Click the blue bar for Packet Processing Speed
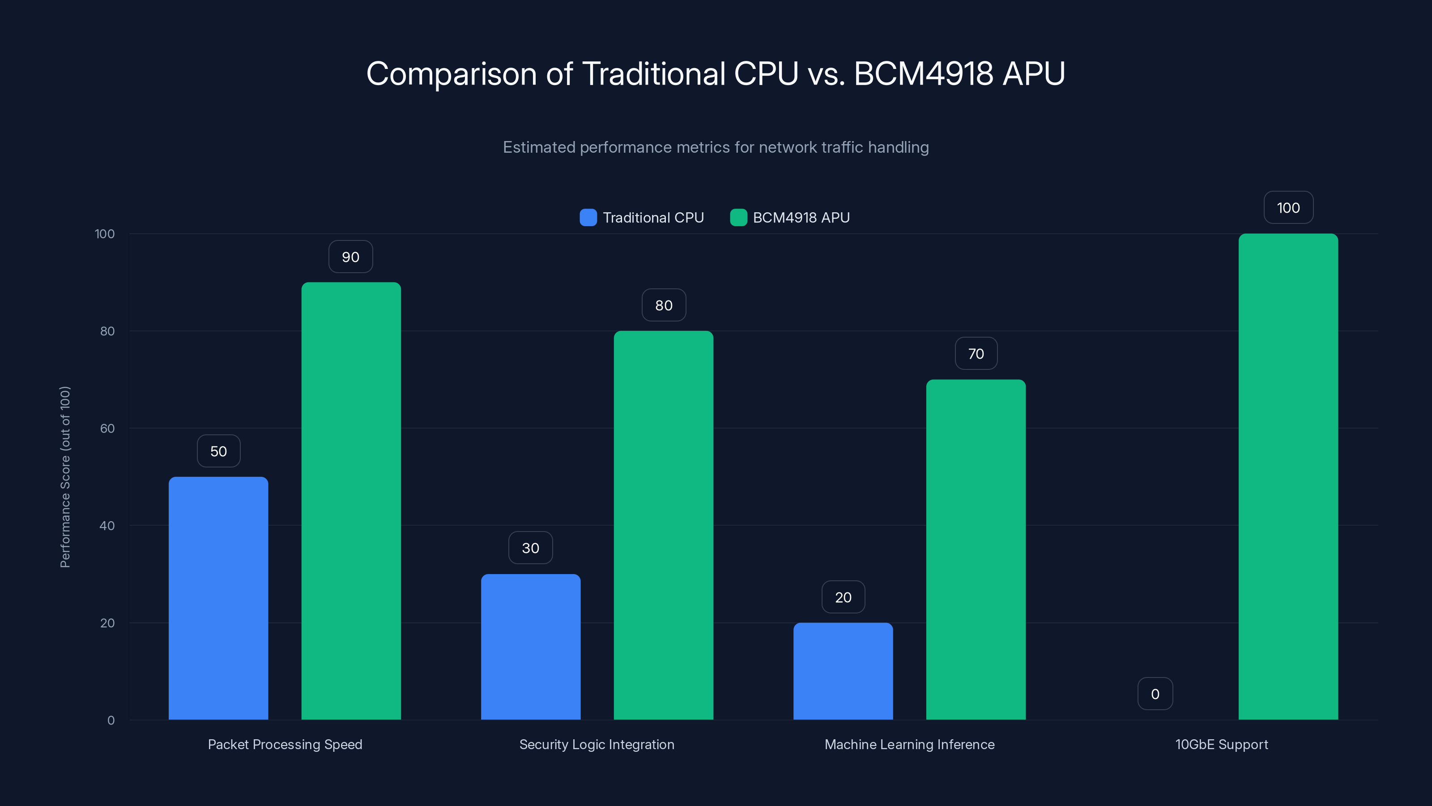click(x=218, y=598)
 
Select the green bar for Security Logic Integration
click(x=663, y=525)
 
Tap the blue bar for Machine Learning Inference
click(x=843, y=671)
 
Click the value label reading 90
click(x=350, y=257)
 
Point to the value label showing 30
click(x=530, y=548)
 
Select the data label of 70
click(x=976, y=354)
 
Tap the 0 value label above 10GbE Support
click(x=1155, y=694)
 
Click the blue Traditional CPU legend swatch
click(x=588, y=218)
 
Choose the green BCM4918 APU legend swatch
click(x=738, y=218)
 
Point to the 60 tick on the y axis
click(x=107, y=429)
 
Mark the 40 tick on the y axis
click(x=107, y=526)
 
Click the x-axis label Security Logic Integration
click(x=597, y=744)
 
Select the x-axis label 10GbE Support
click(x=1221, y=744)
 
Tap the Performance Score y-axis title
click(x=65, y=477)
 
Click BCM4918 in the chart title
click(x=923, y=73)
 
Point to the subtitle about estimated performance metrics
click(x=716, y=147)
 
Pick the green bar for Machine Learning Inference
click(x=976, y=549)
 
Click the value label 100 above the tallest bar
click(x=1288, y=208)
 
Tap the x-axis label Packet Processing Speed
click(x=285, y=744)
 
